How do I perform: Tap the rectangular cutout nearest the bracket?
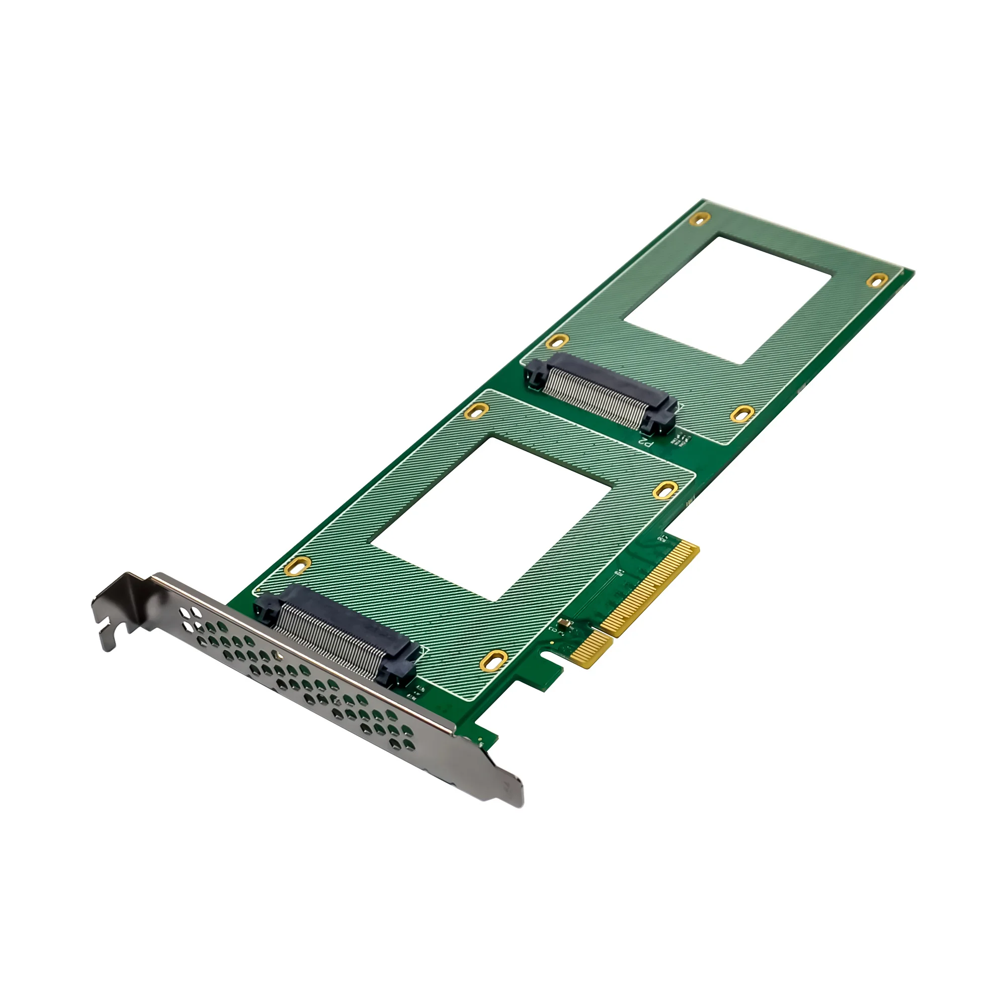(x=489, y=518)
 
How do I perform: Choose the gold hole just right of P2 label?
(x=742, y=414)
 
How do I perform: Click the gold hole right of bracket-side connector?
(x=492, y=661)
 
